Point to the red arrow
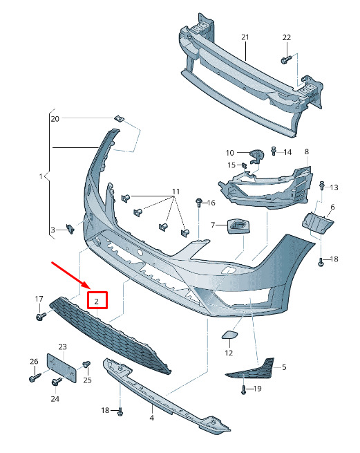pos(70,275)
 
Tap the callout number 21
pos(245,37)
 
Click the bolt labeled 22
pos(286,59)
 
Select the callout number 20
pos(55,119)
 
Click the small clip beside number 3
pos(70,229)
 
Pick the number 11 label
pos(176,192)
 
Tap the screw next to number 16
pos(199,202)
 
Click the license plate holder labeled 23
pos(61,368)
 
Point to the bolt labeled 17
pos(41,316)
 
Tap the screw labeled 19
pos(244,389)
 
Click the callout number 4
pos(152,418)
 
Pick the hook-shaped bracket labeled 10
pos(256,156)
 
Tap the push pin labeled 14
pos(274,151)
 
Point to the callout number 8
pos(307,151)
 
